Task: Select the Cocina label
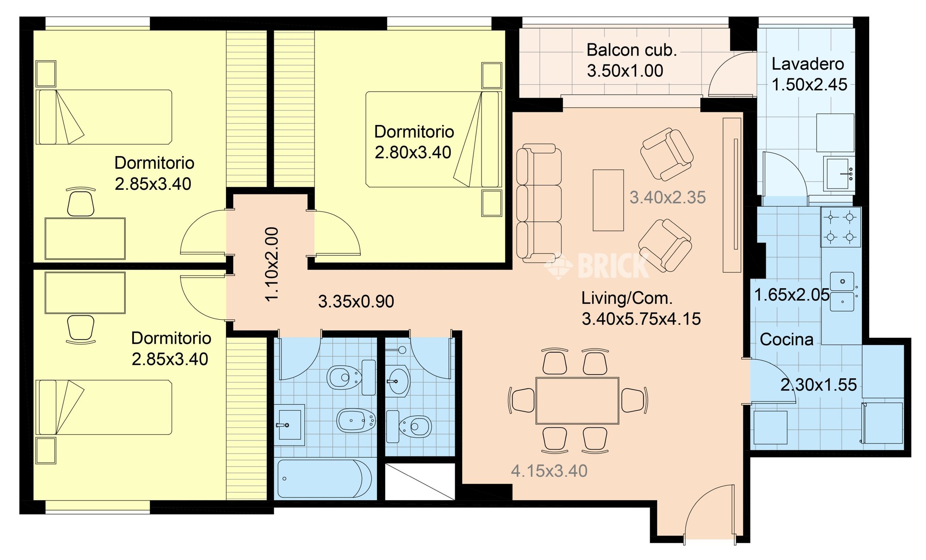click(x=786, y=340)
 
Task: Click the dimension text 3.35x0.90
click(x=356, y=301)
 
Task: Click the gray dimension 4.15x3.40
click(x=549, y=471)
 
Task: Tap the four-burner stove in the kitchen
click(x=841, y=227)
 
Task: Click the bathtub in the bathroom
click(x=324, y=479)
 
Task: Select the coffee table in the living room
click(x=608, y=200)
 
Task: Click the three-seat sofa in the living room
click(x=539, y=203)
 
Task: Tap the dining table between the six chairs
click(x=577, y=401)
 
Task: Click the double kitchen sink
click(x=842, y=292)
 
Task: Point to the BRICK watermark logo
click(x=597, y=266)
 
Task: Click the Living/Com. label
click(x=627, y=298)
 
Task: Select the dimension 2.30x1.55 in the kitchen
click(x=819, y=385)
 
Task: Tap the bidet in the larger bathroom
click(x=356, y=420)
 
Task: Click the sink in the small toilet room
click(x=398, y=381)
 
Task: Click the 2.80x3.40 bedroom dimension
click(x=413, y=152)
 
